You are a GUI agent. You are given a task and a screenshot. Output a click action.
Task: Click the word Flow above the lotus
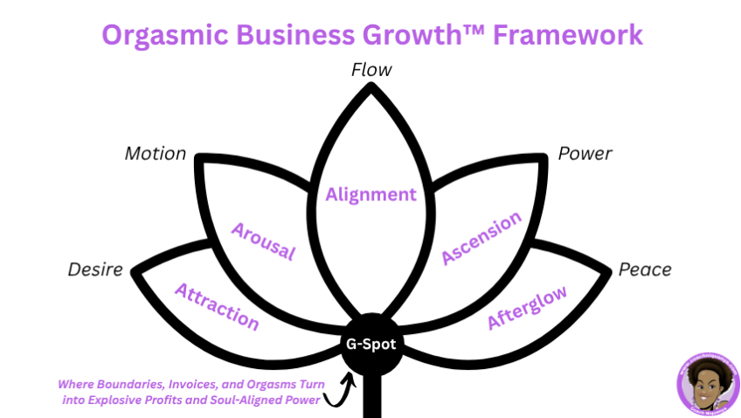[x=371, y=69]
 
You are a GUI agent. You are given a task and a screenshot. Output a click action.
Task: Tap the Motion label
[x=156, y=154]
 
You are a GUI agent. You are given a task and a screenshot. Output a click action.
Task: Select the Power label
[x=585, y=154]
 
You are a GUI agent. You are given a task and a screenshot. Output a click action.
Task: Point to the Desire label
[x=96, y=269]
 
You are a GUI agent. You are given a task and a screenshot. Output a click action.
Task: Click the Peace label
[x=645, y=269]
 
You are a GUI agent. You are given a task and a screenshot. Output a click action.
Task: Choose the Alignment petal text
[x=371, y=194]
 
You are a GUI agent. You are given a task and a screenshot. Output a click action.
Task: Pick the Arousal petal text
[x=263, y=241]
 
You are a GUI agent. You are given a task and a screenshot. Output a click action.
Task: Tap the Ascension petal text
[x=481, y=237]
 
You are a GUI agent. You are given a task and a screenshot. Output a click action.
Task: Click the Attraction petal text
[x=218, y=307]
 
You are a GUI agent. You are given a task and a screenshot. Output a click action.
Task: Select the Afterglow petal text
[x=527, y=307]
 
